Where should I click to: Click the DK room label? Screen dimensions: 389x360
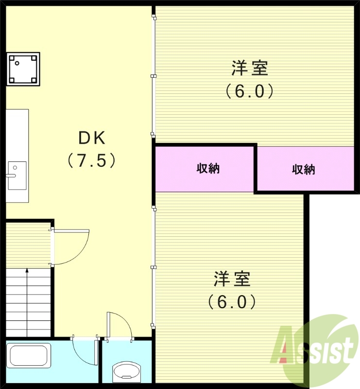point(92,139)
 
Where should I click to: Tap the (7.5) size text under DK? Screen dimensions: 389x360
point(92,160)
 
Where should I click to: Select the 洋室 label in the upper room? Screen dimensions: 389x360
point(250,69)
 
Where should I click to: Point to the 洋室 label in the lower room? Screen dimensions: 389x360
point(232,280)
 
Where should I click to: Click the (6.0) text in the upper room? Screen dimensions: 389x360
point(250,91)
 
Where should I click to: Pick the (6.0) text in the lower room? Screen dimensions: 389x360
point(232,302)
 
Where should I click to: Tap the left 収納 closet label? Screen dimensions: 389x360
point(208,169)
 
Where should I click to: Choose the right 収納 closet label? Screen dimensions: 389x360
point(304,169)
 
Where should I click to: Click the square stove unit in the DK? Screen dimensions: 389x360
point(23,69)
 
